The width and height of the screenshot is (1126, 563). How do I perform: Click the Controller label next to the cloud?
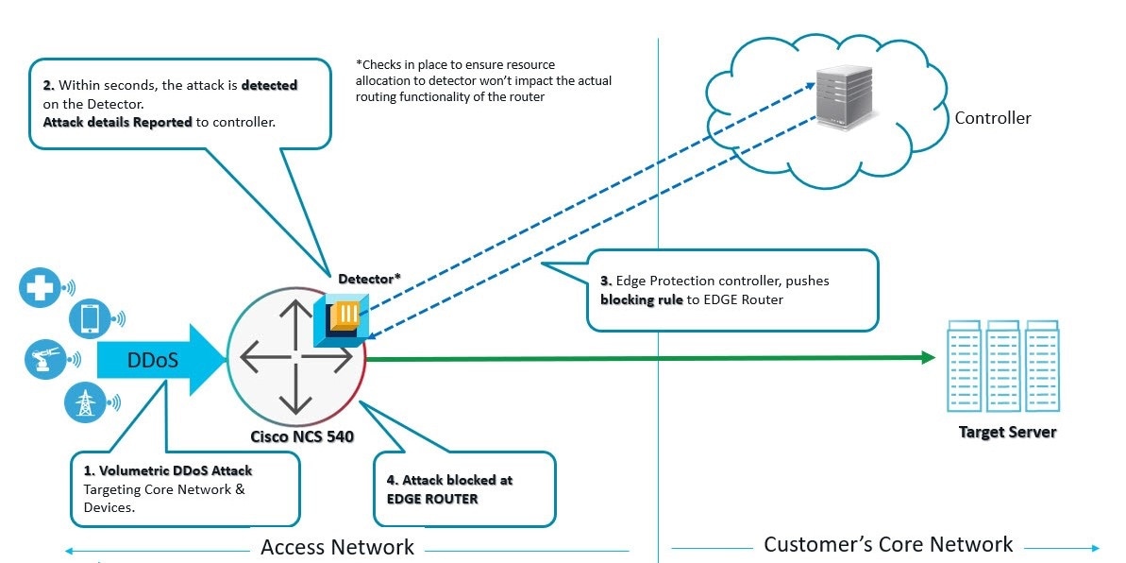click(992, 118)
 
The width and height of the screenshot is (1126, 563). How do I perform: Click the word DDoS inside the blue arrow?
click(152, 360)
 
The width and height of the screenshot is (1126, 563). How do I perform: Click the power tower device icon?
click(85, 401)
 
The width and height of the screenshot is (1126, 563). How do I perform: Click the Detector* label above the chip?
click(369, 278)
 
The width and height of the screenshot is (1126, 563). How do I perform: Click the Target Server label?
click(1007, 432)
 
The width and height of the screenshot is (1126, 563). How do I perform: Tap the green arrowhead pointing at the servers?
click(927, 357)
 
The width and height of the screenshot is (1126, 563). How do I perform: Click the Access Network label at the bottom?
click(337, 547)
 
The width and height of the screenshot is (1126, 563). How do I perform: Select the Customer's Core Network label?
click(888, 544)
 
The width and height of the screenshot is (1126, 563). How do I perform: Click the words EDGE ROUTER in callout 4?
click(432, 498)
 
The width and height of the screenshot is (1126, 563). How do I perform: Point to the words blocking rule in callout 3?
click(641, 299)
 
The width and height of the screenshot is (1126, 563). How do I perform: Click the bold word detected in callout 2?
click(269, 85)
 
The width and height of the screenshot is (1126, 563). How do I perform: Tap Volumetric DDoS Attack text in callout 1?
click(167, 469)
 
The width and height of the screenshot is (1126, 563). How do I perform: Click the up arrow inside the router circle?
click(295, 315)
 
